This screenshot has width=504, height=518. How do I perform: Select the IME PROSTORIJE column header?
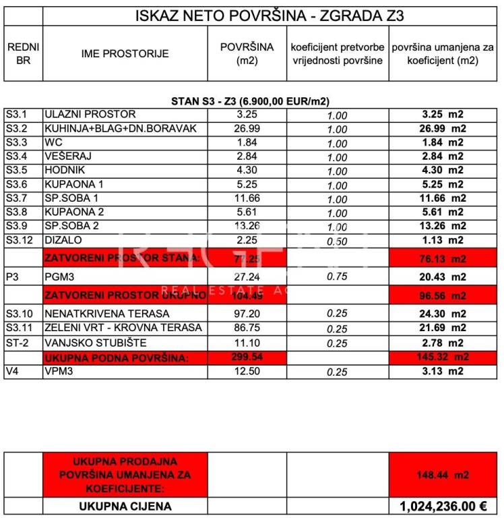click(125, 53)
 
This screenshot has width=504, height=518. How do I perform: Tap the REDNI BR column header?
click(23, 53)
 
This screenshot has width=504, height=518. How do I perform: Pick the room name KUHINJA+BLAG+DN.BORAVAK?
click(121, 128)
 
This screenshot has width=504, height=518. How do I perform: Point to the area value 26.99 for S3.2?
click(247, 128)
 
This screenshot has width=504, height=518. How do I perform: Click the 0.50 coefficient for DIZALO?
click(337, 241)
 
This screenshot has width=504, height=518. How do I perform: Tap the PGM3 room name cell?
click(60, 277)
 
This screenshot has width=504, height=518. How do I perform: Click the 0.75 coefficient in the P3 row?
click(337, 277)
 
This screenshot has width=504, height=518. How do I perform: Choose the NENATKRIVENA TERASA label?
click(107, 314)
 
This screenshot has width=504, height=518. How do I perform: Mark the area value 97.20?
click(247, 314)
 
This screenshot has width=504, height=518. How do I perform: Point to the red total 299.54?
click(247, 357)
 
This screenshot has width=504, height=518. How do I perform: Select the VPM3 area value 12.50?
click(247, 371)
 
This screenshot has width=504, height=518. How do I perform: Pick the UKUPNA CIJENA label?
click(125, 507)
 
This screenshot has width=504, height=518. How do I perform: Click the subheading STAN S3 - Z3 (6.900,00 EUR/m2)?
click(251, 101)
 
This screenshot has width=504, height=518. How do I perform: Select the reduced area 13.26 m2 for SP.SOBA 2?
click(439, 226)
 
